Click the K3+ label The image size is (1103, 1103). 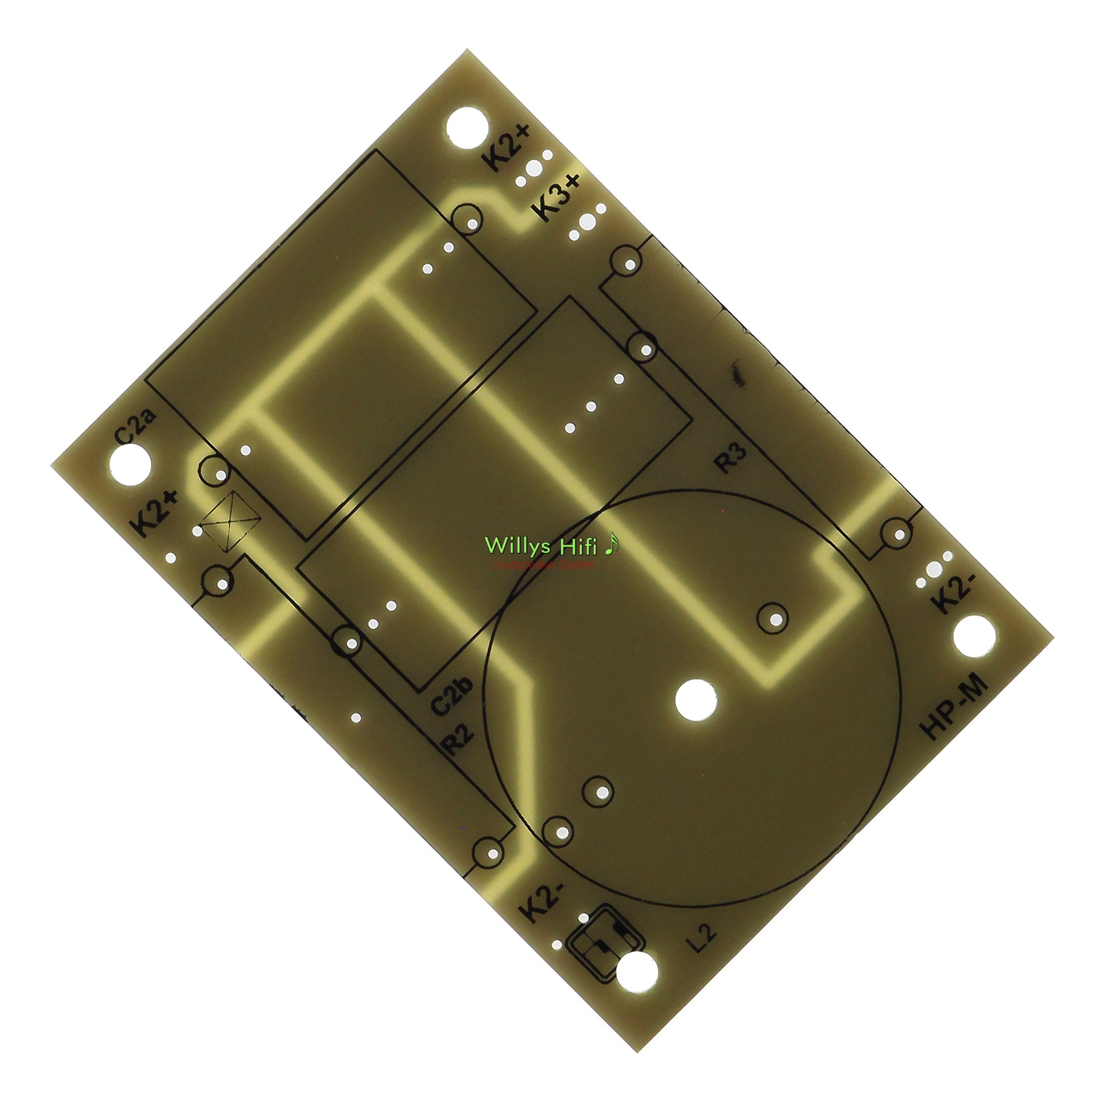point(558,197)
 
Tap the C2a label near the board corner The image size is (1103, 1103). point(135,427)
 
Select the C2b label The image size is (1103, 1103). point(452,696)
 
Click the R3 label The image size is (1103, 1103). point(731,458)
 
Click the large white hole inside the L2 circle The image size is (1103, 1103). point(696,700)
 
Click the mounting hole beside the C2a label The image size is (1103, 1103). point(130,464)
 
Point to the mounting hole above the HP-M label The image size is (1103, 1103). point(975,636)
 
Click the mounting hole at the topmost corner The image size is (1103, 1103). point(467,127)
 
